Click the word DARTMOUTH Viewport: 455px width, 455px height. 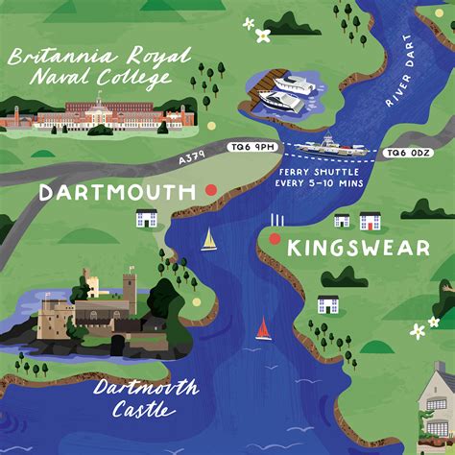(x=117, y=193)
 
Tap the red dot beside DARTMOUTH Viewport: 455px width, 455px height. (x=211, y=190)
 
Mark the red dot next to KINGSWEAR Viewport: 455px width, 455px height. (x=275, y=239)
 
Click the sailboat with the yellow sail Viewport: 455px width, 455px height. (x=208, y=239)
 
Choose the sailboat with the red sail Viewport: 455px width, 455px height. (x=262, y=329)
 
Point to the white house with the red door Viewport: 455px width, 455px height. (x=370, y=222)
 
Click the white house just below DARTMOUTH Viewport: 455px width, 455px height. (x=146, y=219)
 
